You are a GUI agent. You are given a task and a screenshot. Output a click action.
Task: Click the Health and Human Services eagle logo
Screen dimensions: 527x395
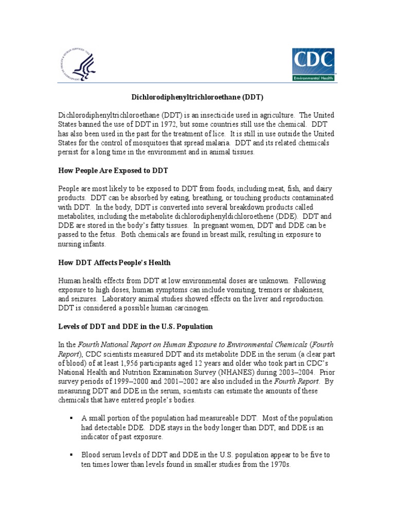(x=77, y=64)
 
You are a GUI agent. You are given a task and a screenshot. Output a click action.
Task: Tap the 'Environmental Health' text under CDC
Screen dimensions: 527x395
(x=313, y=78)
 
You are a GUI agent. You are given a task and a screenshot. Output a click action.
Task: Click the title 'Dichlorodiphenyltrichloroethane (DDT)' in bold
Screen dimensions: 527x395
(x=198, y=96)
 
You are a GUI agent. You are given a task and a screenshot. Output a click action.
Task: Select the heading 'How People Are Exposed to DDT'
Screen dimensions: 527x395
(x=113, y=170)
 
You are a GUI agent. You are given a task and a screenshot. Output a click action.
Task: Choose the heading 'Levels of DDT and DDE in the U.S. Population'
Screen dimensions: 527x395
(x=135, y=327)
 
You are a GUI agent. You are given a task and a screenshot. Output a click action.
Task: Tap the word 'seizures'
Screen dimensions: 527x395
(x=85, y=299)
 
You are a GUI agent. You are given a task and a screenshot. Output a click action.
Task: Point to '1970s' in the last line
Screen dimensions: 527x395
(x=280, y=465)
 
